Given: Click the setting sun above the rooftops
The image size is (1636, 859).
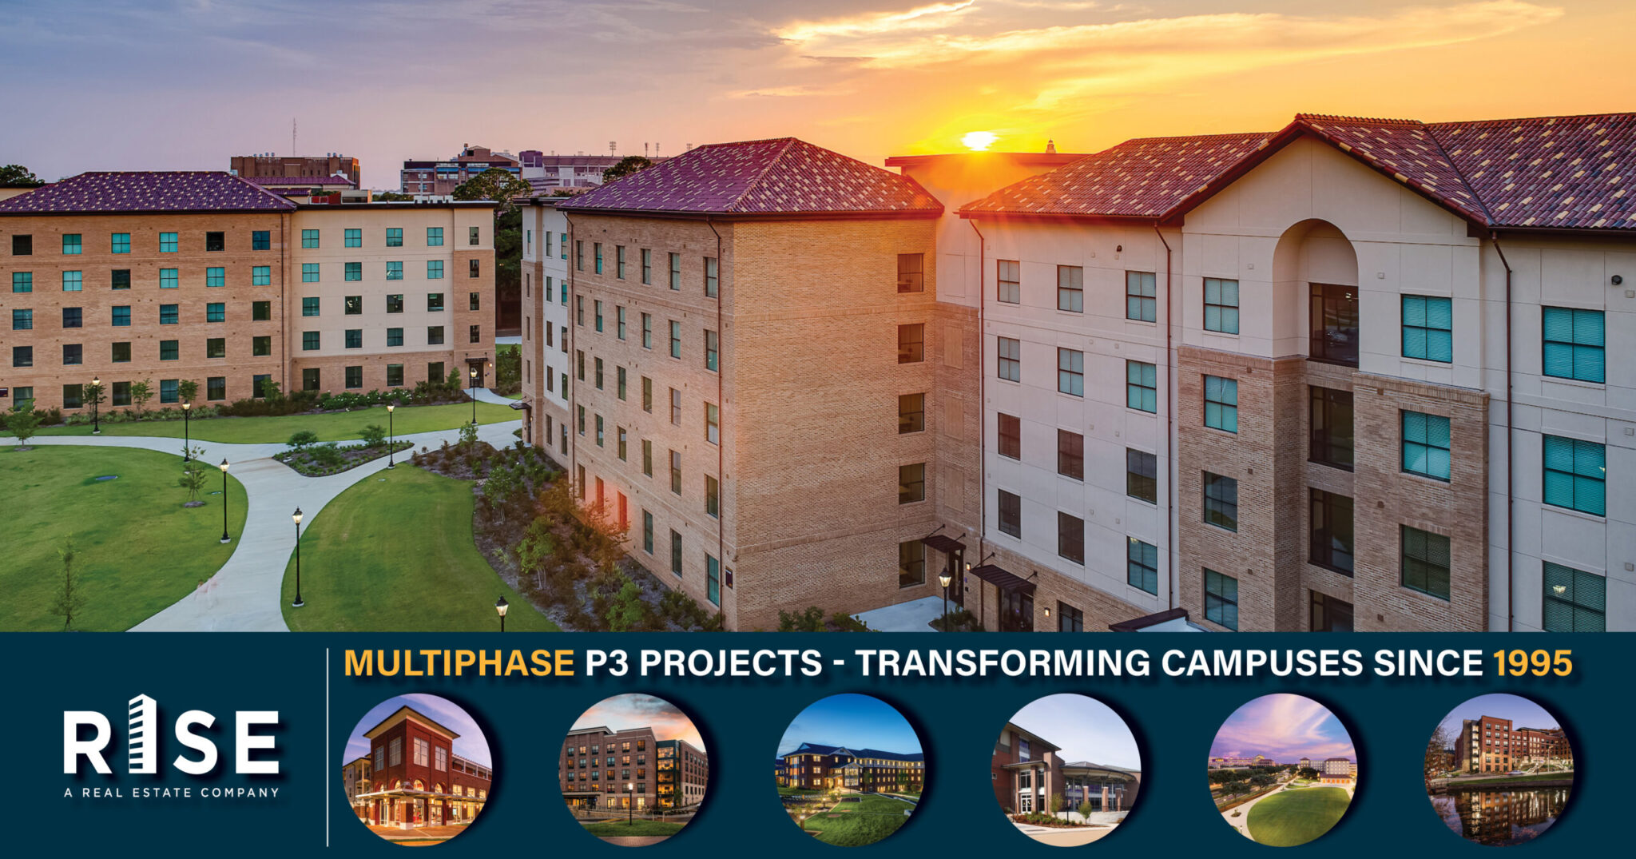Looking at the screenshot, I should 979,141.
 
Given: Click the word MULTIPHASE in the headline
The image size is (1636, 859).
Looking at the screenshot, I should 459,663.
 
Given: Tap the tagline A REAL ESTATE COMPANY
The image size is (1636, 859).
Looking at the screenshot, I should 171,793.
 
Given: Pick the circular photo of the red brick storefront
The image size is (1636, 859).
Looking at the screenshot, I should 417,769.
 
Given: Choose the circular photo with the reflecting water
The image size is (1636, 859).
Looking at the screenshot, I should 1499,769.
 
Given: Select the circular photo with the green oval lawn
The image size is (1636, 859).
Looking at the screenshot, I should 1282,769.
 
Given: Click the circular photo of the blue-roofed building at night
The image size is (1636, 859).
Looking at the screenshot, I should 850,769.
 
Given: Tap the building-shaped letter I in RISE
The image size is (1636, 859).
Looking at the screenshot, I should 142,735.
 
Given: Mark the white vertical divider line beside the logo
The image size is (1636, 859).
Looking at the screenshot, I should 328,747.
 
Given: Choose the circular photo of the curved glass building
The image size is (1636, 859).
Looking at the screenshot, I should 1066,769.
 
